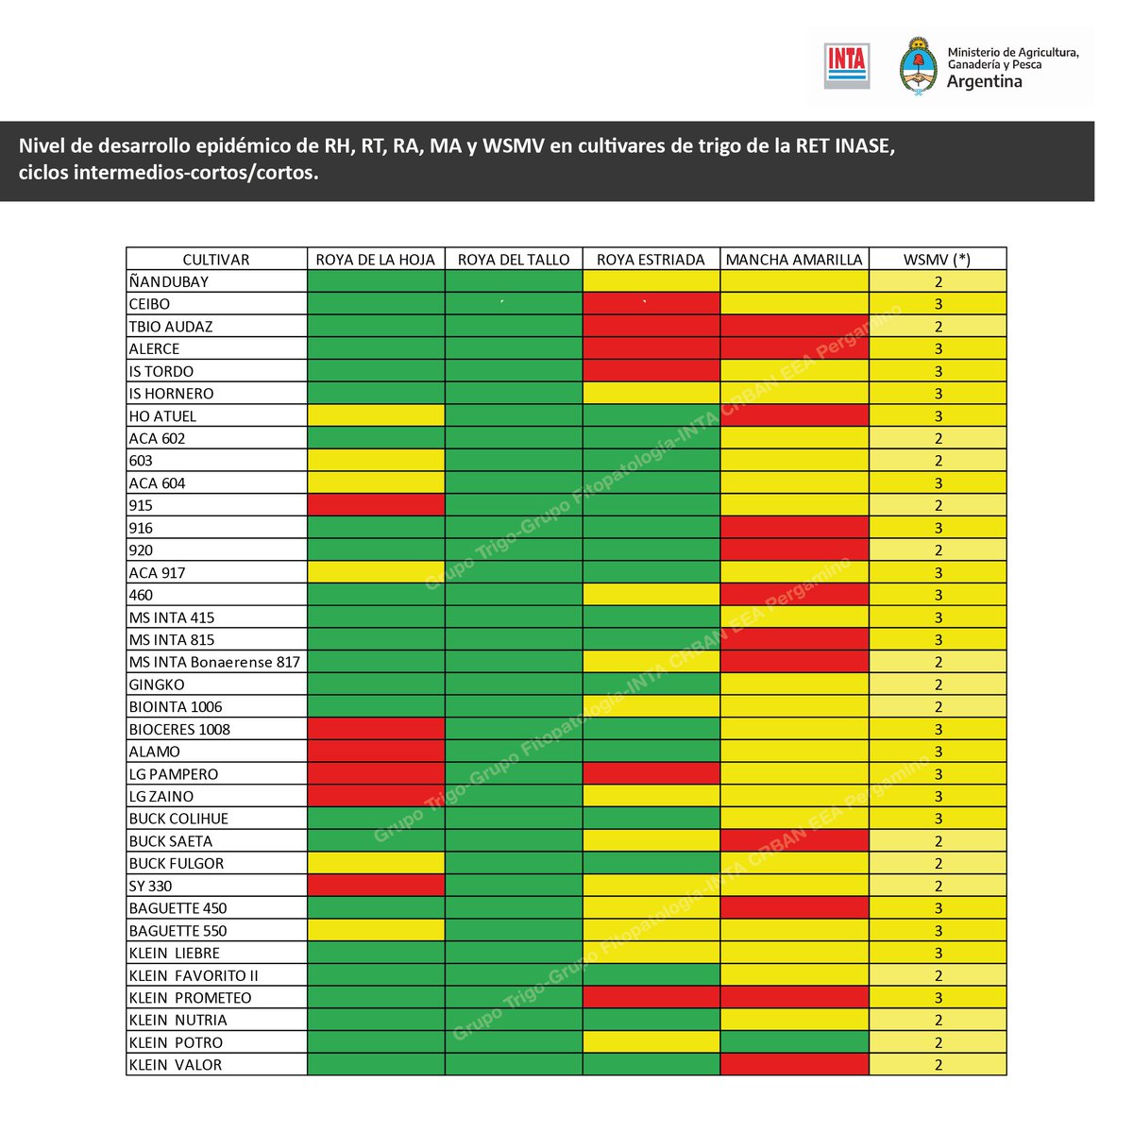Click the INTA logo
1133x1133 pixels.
[x=846, y=66]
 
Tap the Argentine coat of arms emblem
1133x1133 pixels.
[x=916, y=66]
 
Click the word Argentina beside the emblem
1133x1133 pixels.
[x=984, y=81]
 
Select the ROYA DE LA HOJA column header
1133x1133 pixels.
[x=376, y=259]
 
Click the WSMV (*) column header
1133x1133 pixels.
[x=938, y=259]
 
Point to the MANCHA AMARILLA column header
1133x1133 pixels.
[x=794, y=259]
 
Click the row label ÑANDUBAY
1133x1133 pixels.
[x=169, y=281]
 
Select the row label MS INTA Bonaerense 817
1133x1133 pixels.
[x=214, y=662]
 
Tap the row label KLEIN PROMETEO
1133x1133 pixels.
[x=190, y=997]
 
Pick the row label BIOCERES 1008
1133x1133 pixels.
[x=179, y=729]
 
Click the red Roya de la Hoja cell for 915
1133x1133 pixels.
[x=376, y=505]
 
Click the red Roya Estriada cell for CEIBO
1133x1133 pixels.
[x=651, y=304]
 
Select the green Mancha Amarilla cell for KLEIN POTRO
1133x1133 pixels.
[x=794, y=1042]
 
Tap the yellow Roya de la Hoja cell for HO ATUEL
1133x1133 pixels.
[x=376, y=415]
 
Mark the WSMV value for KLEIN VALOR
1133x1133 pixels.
[x=939, y=1064]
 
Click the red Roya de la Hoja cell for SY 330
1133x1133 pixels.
[x=376, y=886]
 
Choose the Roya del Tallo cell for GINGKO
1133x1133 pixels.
[x=514, y=685]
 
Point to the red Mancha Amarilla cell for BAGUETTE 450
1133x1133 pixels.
[x=794, y=908]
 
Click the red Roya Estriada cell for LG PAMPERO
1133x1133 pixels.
[x=651, y=773]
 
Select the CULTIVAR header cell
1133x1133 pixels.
[x=216, y=259]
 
